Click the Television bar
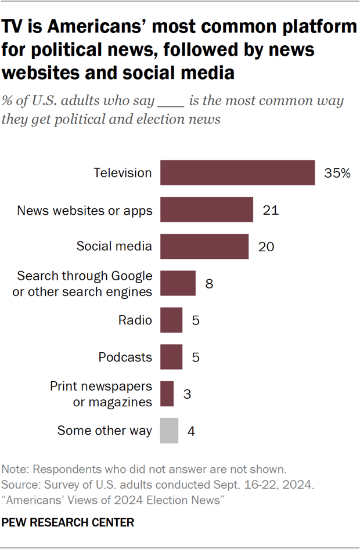click(237, 173)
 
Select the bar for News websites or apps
click(207, 210)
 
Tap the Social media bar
click(204, 246)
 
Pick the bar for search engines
click(178, 283)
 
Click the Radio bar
click(171, 320)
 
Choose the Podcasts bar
click(171, 357)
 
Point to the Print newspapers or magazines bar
click(167, 393)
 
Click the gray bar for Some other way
click(169, 431)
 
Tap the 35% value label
click(337, 173)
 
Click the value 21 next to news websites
click(271, 210)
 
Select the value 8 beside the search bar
click(209, 284)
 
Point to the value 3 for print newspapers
click(187, 394)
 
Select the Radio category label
click(135, 320)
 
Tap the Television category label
click(123, 173)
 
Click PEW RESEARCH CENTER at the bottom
click(68, 523)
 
